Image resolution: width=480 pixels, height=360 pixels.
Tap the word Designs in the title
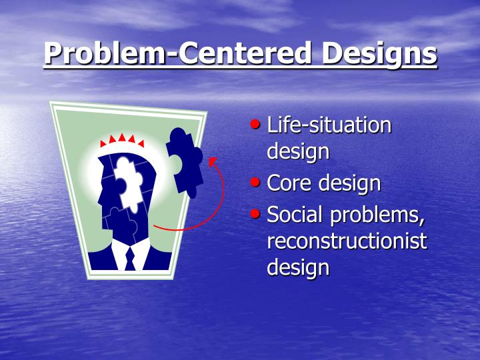click(x=380, y=54)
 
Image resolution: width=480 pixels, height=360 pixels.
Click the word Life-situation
click(x=329, y=125)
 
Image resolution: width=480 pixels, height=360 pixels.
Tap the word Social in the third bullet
click(x=294, y=215)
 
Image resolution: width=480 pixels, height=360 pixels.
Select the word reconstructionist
click(x=347, y=241)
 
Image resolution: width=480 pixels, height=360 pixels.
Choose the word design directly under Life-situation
click(x=298, y=151)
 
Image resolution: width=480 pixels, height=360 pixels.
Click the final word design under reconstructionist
click(x=298, y=267)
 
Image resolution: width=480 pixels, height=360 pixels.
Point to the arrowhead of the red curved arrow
click(x=211, y=161)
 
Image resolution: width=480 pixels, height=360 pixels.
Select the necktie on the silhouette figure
click(x=129, y=257)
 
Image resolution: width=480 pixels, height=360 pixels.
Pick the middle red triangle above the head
click(x=122, y=138)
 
